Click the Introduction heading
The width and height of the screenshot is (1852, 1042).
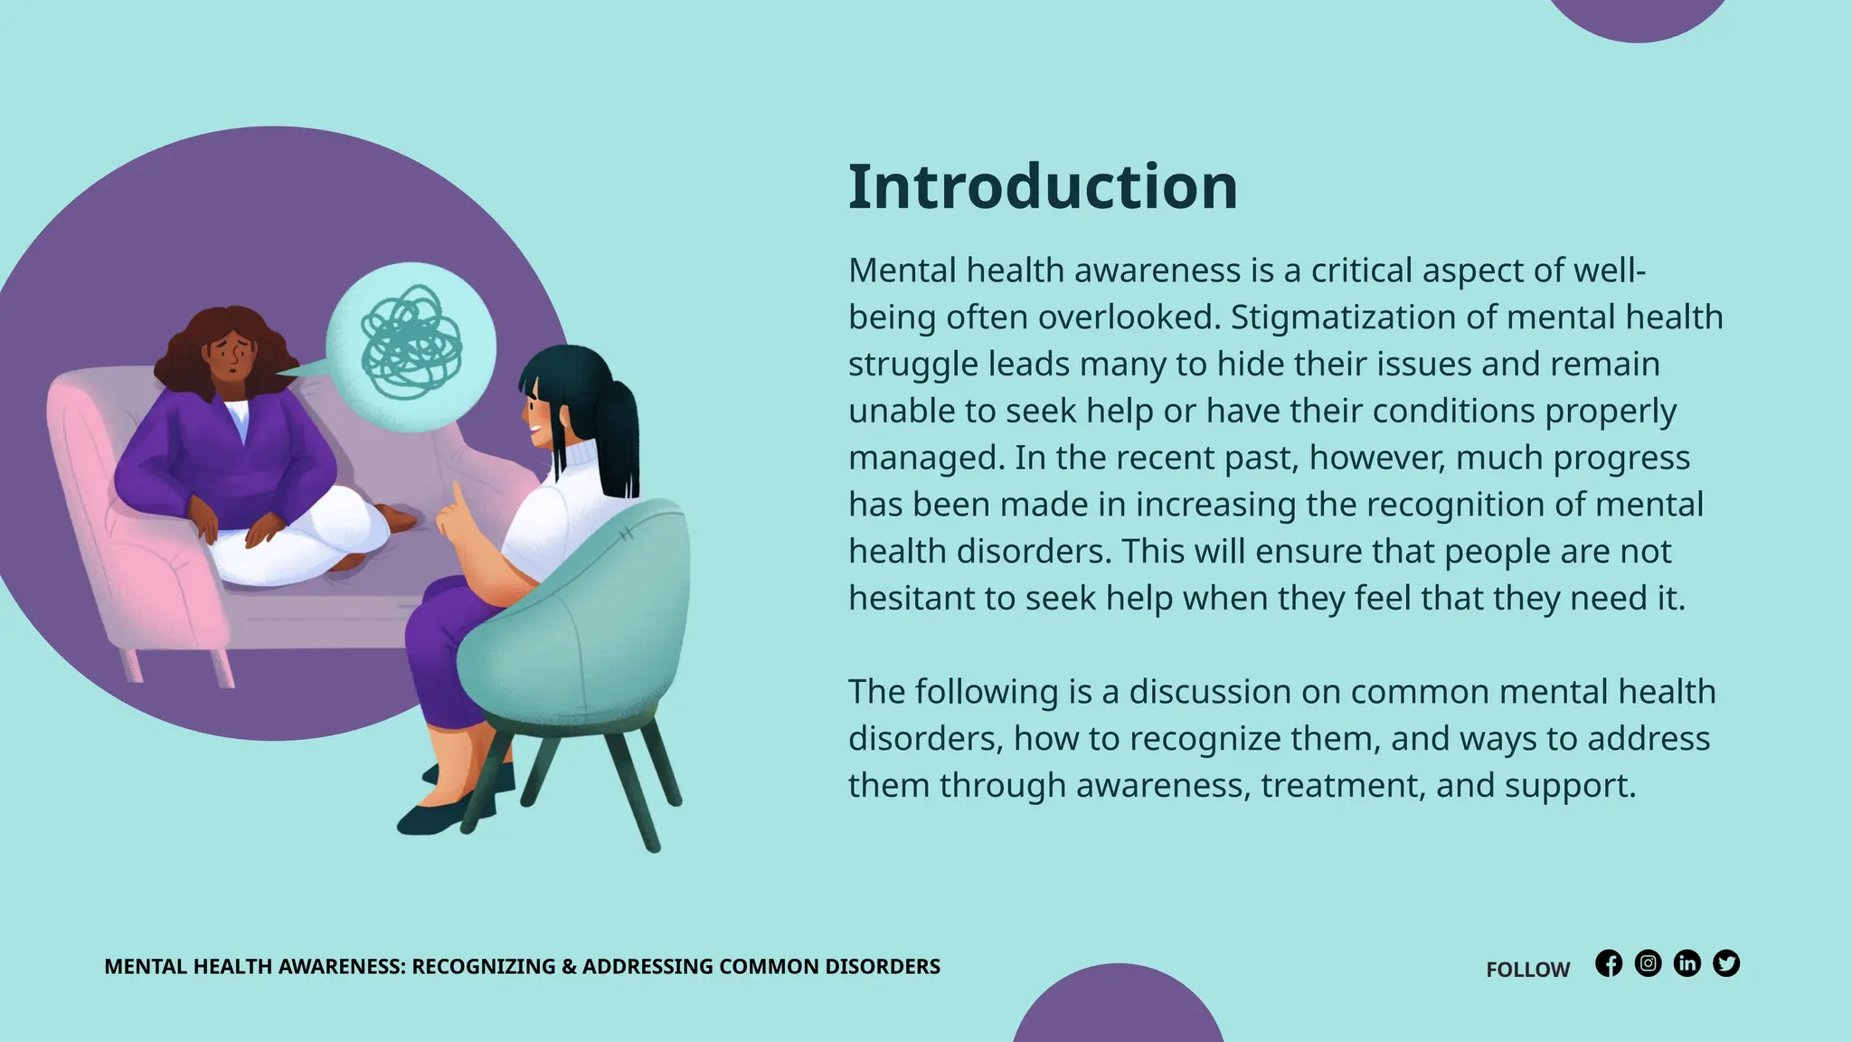1042,187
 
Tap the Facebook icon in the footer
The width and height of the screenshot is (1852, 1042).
1609,963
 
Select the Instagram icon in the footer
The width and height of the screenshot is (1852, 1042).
1648,963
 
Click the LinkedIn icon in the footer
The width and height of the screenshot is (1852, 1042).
1687,963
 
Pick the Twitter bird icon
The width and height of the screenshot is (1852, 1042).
1726,963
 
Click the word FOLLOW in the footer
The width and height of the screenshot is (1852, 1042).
1527,970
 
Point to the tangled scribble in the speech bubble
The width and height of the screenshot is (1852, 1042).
411,343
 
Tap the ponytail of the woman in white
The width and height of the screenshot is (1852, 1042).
619,434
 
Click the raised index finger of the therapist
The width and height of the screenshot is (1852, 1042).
458,499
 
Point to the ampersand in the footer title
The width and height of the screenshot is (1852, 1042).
569,966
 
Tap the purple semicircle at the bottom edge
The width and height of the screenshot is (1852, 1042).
1118,1009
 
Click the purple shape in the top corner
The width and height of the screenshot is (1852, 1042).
1637,16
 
